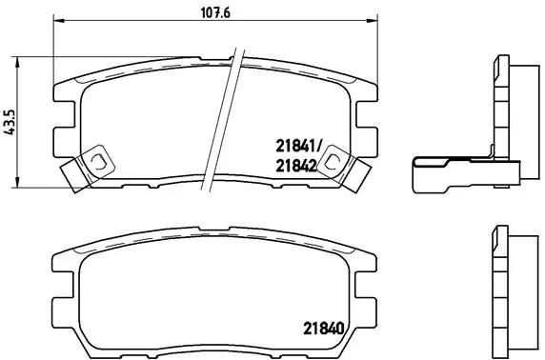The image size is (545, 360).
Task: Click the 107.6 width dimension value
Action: (210, 12)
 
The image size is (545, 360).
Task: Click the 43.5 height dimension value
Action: (10, 125)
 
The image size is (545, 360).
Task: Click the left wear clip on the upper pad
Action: (84, 170)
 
